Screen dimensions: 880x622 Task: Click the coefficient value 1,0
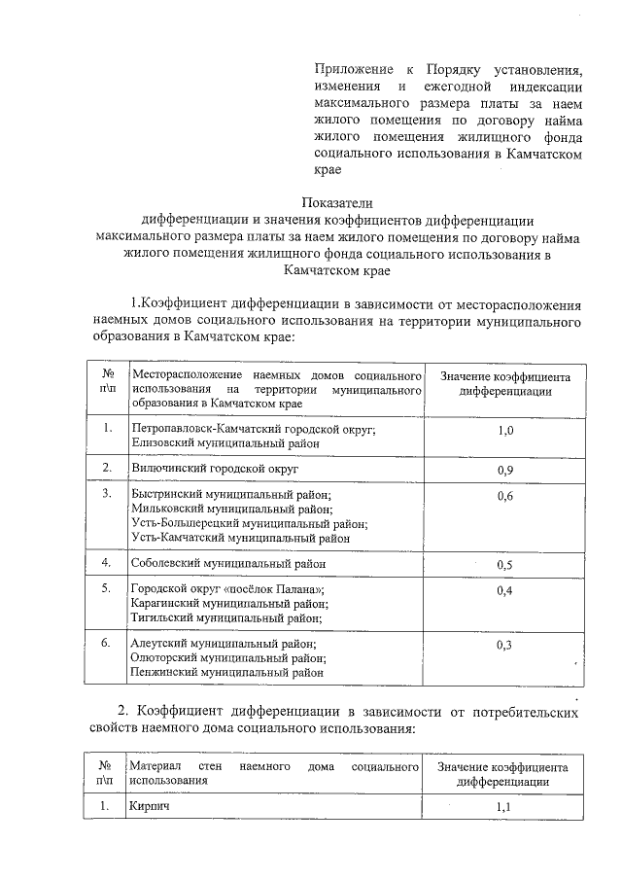(505, 430)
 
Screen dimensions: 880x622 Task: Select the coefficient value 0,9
(505, 470)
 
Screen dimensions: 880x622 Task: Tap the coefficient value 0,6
(505, 497)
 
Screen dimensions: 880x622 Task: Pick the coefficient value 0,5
(505, 565)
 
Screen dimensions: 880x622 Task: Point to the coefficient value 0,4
(505, 590)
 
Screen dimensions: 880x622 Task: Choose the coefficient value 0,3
(505, 645)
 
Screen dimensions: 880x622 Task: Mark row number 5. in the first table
(106, 589)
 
